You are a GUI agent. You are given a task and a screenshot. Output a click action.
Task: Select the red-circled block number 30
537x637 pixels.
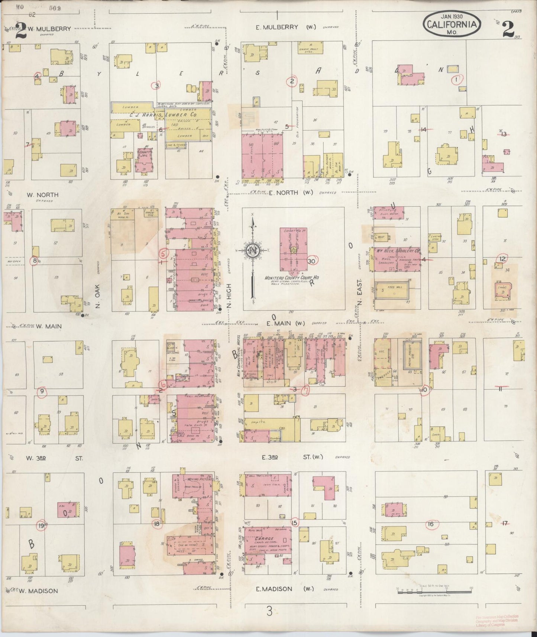point(311,261)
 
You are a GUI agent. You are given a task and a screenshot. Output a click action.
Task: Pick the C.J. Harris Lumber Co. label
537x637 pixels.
point(164,116)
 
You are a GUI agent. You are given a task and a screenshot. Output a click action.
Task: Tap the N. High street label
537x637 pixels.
point(229,295)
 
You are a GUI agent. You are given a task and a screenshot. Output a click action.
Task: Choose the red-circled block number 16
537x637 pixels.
point(431,524)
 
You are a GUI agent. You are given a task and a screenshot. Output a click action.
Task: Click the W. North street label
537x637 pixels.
point(42,195)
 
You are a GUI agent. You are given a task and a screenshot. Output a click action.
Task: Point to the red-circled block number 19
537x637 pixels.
point(41,526)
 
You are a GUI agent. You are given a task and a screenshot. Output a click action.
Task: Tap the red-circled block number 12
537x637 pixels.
point(502,259)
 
